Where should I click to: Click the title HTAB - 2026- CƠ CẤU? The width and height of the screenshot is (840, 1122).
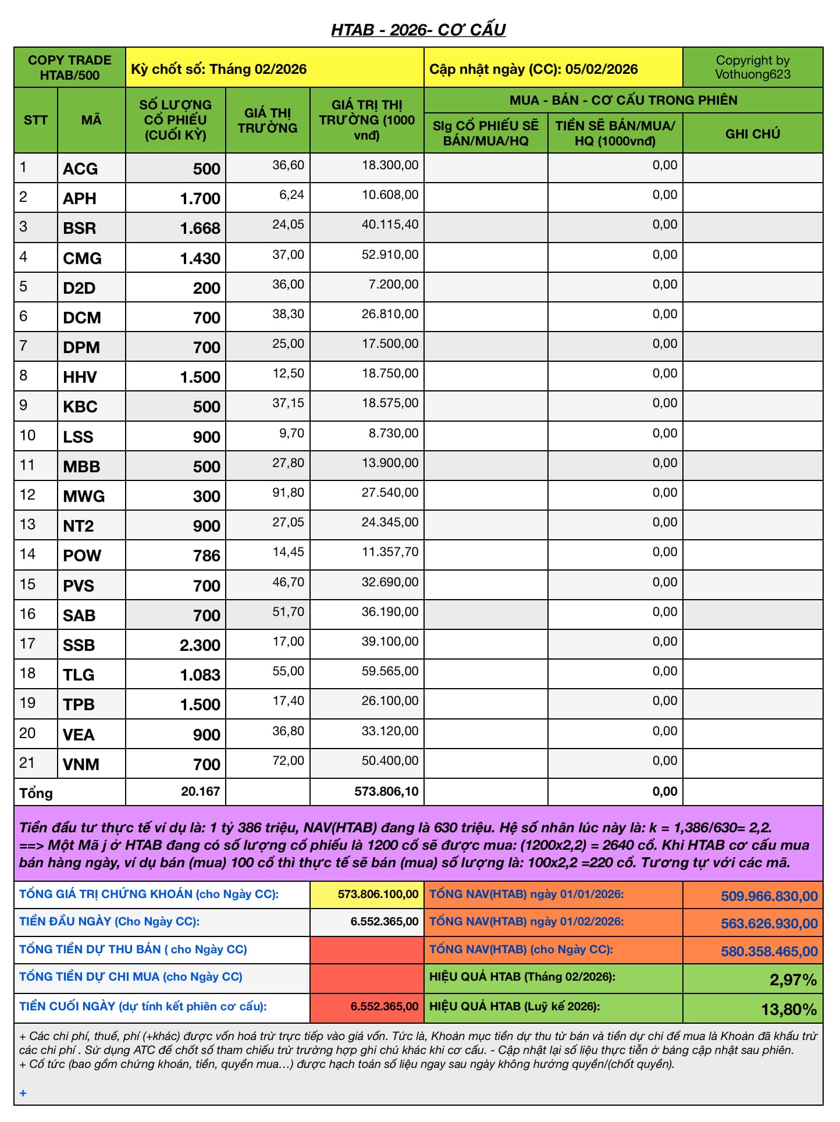click(418, 29)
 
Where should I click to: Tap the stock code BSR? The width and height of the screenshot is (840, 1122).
click(80, 228)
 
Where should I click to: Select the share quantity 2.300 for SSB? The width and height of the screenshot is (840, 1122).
click(200, 645)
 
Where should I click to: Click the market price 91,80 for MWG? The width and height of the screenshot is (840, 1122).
click(288, 493)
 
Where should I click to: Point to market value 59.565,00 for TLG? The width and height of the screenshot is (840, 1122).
click(390, 671)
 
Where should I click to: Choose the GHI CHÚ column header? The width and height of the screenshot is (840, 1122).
click(752, 134)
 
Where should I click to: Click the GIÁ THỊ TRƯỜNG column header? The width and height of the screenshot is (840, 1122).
click(268, 120)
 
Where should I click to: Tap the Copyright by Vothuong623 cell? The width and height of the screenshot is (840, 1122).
click(752, 67)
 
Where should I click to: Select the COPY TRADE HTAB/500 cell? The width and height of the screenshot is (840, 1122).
click(70, 67)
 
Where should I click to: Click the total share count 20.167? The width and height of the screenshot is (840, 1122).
click(200, 791)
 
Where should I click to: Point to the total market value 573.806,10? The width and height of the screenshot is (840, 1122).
click(386, 791)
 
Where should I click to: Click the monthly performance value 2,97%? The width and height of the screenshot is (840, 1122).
click(793, 980)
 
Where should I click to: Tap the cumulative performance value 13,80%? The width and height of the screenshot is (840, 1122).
click(789, 1009)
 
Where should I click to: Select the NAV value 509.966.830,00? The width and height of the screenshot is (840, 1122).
click(769, 896)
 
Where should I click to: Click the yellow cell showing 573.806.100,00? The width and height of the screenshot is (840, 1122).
click(378, 894)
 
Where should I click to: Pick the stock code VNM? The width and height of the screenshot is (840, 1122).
click(81, 764)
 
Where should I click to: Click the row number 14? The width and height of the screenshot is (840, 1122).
click(27, 554)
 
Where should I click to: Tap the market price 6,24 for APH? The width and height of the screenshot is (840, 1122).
click(291, 195)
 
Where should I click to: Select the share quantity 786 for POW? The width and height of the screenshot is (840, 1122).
click(207, 555)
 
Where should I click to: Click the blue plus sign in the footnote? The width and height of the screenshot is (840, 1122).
click(23, 1093)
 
